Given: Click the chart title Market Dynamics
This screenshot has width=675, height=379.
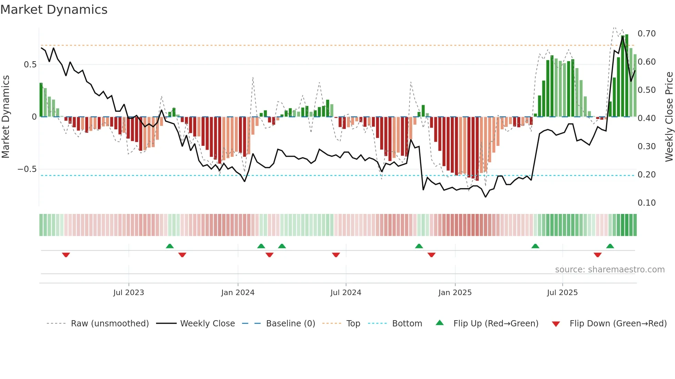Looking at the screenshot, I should pos(54,10).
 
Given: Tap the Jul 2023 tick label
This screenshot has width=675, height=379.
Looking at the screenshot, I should pos(128,293).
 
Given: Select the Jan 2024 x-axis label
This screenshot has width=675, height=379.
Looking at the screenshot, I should pos(238,293).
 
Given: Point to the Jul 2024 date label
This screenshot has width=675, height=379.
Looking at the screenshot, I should pos(346,293).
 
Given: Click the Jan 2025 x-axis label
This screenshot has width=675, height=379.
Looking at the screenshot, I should pos(455,293).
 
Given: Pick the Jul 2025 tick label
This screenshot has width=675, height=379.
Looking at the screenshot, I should pos(562,293).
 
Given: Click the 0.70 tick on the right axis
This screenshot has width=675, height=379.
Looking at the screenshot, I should pos(646,34).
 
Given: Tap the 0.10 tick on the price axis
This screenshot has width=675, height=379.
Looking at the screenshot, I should pos(646,203).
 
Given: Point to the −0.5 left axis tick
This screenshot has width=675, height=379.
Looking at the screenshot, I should pos(27,169).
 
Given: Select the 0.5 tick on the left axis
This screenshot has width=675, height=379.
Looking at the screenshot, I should pos(30,65).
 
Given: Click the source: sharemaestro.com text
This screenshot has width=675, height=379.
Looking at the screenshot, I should pos(610,270).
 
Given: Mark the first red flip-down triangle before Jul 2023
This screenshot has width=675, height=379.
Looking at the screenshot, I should pos(66,255).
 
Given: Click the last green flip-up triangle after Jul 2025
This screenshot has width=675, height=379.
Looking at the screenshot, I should pos(610,246).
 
